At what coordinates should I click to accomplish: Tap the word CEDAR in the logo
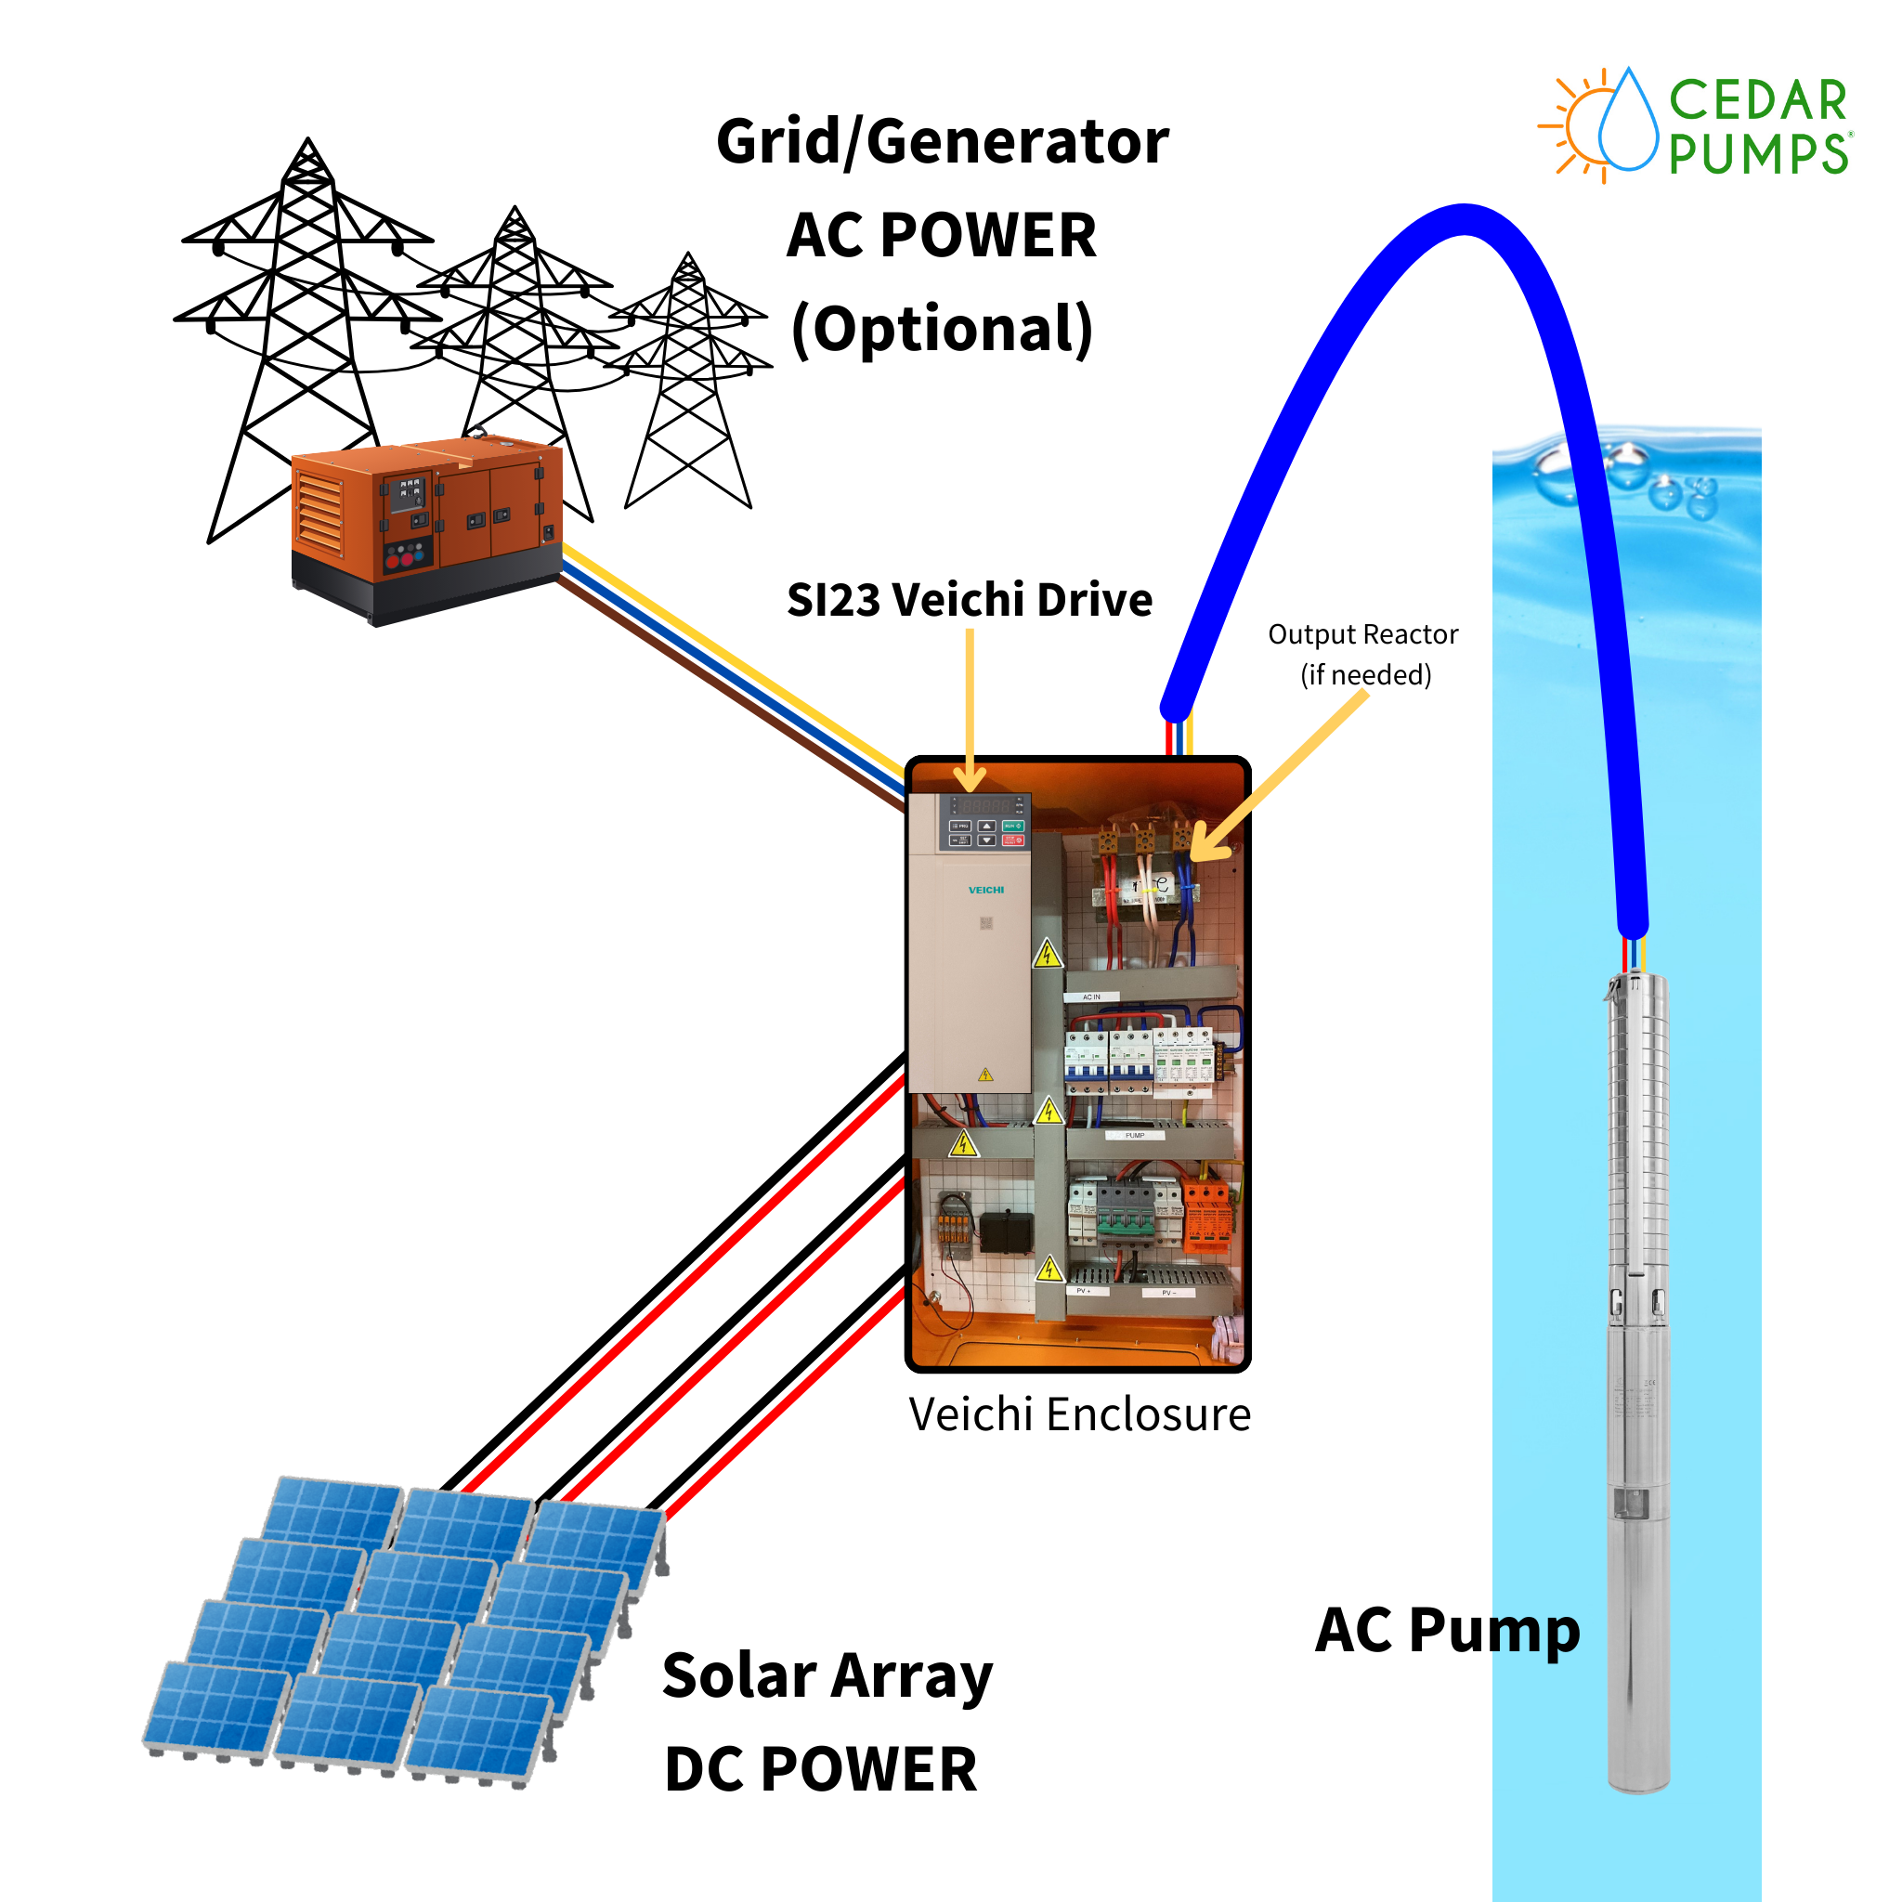pyautogui.click(x=1757, y=101)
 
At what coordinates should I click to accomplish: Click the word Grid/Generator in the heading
pyautogui.click(x=942, y=142)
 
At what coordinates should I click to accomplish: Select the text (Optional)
pyautogui.click(x=942, y=329)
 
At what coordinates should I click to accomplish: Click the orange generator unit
pyautogui.click(x=426, y=527)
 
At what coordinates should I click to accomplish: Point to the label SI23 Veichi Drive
pyautogui.click(x=969, y=600)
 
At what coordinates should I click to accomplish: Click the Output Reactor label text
pyautogui.click(x=1362, y=635)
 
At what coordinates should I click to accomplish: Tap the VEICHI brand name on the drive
pyautogui.click(x=985, y=890)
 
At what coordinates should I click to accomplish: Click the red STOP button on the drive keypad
pyautogui.click(x=1013, y=840)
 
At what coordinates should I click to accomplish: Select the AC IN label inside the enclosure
pyautogui.click(x=1092, y=997)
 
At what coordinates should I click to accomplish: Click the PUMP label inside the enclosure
pyautogui.click(x=1135, y=1135)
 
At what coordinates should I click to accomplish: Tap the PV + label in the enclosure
pyautogui.click(x=1082, y=1291)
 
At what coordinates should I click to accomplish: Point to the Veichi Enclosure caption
pyautogui.click(x=1079, y=1414)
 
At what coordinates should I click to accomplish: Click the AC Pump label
pyautogui.click(x=1447, y=1630)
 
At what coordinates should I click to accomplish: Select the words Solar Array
pyautogui.click(x=827, y=1675)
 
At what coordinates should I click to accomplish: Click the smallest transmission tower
pyautogui.click(x=688, y=384)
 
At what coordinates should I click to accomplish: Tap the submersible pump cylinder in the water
pyautogui.click(x=1638, y=1378)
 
